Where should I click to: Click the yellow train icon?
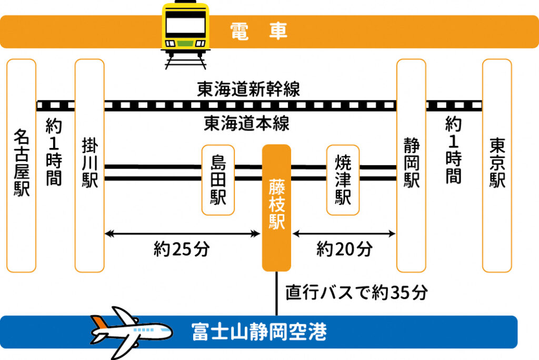185,34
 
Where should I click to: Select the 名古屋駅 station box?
21,165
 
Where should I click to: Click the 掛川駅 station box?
89,165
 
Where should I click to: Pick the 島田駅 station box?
218,180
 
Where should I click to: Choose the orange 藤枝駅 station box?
276,208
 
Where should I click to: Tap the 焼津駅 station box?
343,180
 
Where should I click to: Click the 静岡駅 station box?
411,165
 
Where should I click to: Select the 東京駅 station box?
497,165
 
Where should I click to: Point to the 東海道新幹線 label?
248,89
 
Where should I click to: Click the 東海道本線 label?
246,123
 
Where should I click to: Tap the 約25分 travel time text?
182,248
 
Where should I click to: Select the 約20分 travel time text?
344,248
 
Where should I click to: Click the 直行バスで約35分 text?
356,293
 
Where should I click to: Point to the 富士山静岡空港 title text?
259,332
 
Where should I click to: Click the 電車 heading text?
258,31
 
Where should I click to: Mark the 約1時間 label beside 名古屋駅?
54,152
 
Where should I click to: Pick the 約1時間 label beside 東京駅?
453,150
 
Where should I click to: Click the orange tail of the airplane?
99,322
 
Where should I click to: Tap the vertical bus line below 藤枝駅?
276,294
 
